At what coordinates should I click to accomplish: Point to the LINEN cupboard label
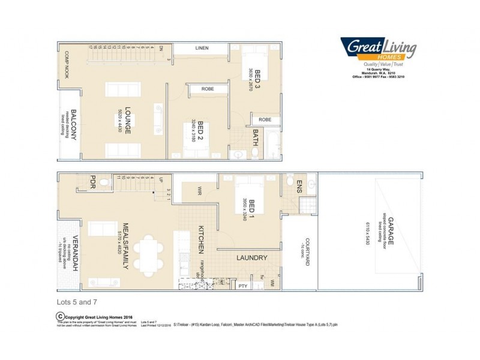tap(201, 48)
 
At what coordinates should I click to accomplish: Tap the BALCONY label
tap(73, 125)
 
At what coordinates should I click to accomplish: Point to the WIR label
tap(199, 191)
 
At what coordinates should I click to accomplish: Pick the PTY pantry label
tap(242, 286)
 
